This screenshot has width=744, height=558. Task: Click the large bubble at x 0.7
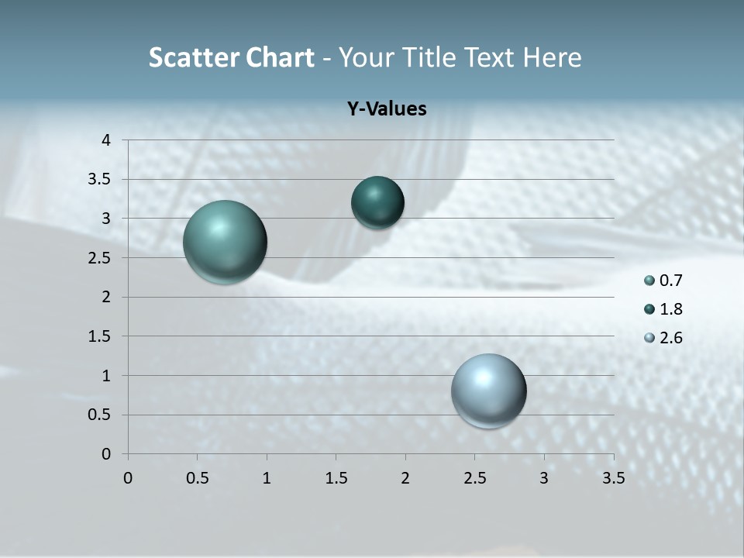click(226, 242)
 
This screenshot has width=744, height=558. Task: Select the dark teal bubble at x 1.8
click(377, 202)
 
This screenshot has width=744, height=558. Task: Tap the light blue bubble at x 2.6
click(488, 391)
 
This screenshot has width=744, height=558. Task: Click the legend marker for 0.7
click(649, 281)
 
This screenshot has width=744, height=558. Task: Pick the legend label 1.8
click(671, 309)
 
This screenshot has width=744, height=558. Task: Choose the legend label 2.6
click(671, 338)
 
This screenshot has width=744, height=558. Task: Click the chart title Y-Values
click(386, 108)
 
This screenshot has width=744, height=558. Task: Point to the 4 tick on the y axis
click(106, 140)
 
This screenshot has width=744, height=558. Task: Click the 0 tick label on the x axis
click(128, 478)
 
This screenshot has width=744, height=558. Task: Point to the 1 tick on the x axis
click(267, 478)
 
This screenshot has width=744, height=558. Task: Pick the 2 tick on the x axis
click(405, 478)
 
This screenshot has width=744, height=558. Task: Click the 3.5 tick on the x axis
click(613, 478)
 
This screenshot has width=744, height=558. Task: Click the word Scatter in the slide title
click(193, 57)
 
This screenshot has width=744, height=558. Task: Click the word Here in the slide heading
click(553, 57)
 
